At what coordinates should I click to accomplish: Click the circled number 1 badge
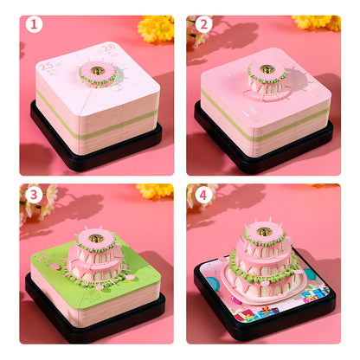tap(34, 23)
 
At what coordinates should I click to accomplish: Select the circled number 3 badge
tap(34, 194)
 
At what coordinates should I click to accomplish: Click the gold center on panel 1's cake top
tap(97, 69)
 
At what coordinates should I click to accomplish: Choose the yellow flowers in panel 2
tap(317, 22)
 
